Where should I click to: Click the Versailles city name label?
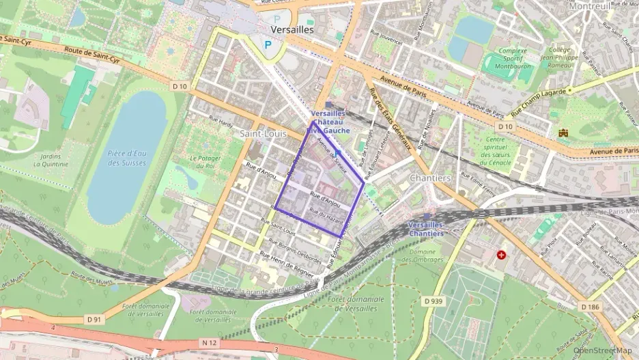point(292,30)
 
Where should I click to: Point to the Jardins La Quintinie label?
point(51,160)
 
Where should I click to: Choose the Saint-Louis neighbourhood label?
point(263,134)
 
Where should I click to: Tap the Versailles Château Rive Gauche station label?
point(330,122)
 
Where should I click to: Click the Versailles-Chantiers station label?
point(425,229)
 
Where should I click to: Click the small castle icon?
point(563,133)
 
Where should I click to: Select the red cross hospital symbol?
point(502,255)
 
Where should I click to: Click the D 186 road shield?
point(590,307)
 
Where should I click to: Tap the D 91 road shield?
point(94,318)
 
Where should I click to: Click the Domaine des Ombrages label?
point(427,255)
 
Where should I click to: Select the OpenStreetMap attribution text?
point(603,350)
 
